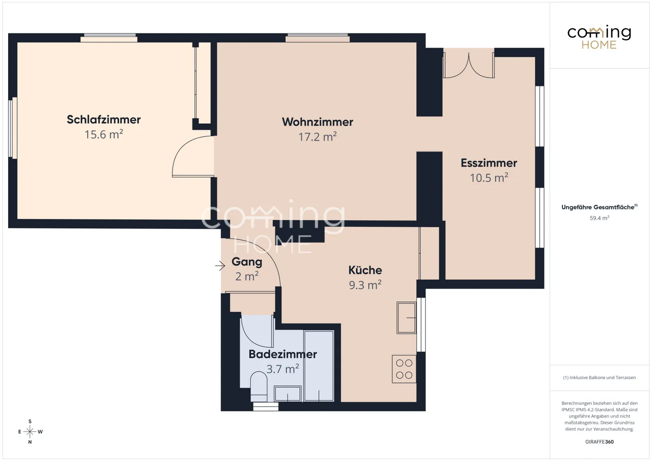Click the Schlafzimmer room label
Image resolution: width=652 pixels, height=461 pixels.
104,119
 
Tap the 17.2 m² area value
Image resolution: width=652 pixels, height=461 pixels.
317,137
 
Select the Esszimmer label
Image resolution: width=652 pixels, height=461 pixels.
489,163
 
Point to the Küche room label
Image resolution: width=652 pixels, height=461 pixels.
365,270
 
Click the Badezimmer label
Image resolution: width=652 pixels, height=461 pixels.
283,354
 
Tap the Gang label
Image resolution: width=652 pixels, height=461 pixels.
247,262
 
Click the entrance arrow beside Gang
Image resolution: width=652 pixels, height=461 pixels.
220,266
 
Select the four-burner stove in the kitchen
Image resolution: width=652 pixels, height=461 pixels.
404,369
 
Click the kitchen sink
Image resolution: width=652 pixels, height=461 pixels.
406,318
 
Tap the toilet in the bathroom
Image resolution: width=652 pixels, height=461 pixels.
259,386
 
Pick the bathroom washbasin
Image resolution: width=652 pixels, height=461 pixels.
288,394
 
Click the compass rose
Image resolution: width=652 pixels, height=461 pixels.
30,432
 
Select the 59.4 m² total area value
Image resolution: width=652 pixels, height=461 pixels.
599,218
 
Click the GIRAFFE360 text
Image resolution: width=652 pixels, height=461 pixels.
599,442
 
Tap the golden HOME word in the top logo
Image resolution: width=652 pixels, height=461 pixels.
599,45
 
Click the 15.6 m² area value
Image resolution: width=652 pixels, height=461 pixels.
104,134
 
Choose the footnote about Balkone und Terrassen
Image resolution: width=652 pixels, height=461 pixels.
599,377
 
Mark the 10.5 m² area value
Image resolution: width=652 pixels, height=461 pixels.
489,178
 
